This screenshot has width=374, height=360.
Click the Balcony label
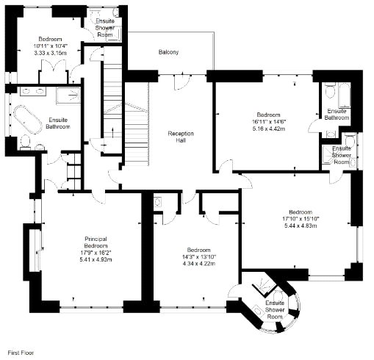tap(168, 52)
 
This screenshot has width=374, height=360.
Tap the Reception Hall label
tap(181, 137)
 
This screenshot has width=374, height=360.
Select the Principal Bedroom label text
tap(96, 242)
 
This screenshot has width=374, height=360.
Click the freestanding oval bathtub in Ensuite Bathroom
tap(27, 120)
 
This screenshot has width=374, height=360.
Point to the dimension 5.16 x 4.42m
tap(269, 129)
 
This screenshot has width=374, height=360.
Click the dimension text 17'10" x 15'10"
tap(301, 219)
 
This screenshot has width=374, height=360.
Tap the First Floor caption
tap(21, 353)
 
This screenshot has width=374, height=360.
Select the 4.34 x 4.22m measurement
tap(199, 264)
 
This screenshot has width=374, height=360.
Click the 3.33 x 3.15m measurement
tap(50, 53)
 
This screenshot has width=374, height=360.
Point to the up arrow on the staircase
tap(112, 133)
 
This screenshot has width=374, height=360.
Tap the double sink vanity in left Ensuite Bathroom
tap(33, 91)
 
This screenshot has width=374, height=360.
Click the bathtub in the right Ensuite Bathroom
tap(345, 95)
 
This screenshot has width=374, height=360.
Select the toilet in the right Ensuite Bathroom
tap(331, 90)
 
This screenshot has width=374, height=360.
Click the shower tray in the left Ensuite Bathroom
tap(68, 95)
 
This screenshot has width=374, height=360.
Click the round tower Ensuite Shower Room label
tap(275, 310)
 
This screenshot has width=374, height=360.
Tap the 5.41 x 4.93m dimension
tap(96, 259)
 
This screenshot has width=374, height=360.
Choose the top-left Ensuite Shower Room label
tap(105, 28)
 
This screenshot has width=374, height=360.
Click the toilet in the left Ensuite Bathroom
tap(25, 142)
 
